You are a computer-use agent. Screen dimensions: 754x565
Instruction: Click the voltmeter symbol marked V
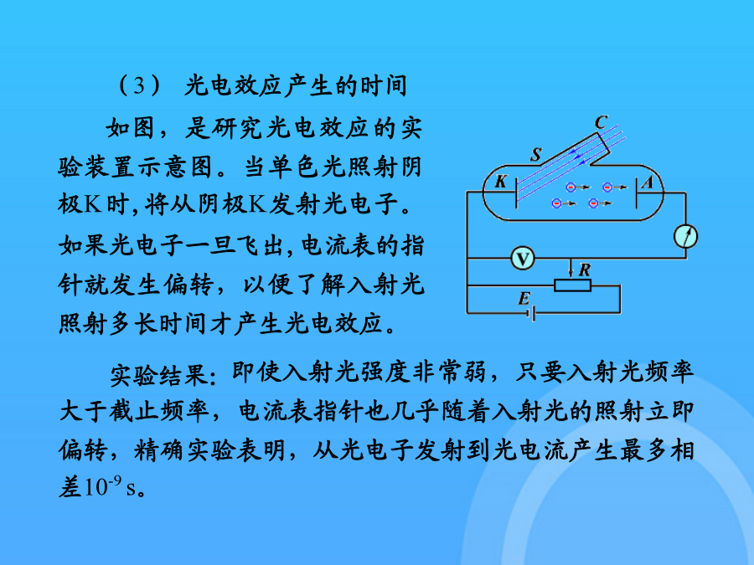(523, 259)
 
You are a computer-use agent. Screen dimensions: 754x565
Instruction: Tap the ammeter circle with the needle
(686, 236)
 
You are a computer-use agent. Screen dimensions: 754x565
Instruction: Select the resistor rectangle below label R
(572, 285)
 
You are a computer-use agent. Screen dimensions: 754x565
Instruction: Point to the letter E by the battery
(524, 299)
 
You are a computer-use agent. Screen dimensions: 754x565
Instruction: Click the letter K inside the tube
(501, 182)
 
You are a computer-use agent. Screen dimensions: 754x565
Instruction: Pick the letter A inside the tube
(648, 182)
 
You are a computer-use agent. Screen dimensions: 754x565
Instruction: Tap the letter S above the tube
(536, 154)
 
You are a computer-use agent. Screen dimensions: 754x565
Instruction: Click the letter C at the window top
(601, 122)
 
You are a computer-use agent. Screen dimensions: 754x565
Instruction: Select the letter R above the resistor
(585, 270)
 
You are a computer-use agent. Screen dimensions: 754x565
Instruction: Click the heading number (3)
(139, 85)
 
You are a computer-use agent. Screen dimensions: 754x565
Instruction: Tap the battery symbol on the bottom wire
(531, 314)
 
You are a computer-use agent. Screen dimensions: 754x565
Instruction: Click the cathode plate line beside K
(516, 193)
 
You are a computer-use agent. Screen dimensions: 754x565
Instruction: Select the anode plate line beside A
(636, 193)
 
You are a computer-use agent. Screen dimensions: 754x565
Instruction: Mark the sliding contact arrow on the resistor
(571, 269)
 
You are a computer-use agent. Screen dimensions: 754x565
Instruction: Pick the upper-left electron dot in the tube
(571, 187)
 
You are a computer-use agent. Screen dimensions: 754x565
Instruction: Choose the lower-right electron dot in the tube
(594, 203)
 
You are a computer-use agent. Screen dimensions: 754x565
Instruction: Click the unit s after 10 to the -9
(131, 489)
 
